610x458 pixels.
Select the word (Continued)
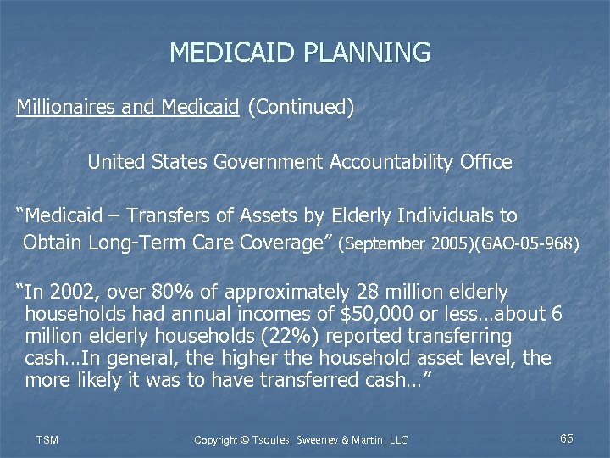click(x=301, y=109)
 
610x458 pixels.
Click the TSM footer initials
click(x=47, y=439)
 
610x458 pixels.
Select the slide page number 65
click(x=567, y=438)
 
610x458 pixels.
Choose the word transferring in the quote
click(x=457, y=337)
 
